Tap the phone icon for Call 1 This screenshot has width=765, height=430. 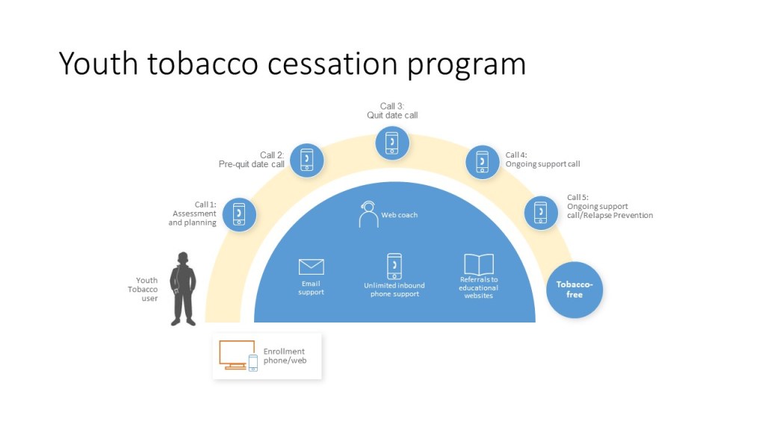coord(239,214)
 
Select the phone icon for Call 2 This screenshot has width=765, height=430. coord(306,160)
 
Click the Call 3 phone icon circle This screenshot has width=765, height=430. coord(392,142)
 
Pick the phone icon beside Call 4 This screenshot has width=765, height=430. coord(483,161)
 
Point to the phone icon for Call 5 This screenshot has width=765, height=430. coord(541,214)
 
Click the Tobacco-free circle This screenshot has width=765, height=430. coord(574,290)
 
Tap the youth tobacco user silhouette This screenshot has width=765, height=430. coord(183,289)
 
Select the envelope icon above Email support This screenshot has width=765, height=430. coord(311,267)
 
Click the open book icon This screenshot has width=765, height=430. coord(479,264)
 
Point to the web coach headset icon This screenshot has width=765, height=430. coord(368,214)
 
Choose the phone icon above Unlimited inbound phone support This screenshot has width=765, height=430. coord(394,267)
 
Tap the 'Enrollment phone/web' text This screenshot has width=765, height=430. coord(285,356)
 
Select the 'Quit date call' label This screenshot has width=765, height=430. coord(392,116)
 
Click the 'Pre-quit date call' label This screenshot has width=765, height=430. coord(251,164)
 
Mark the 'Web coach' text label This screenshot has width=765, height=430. coord(400,215)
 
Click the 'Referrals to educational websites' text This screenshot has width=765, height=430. coord(479,287)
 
